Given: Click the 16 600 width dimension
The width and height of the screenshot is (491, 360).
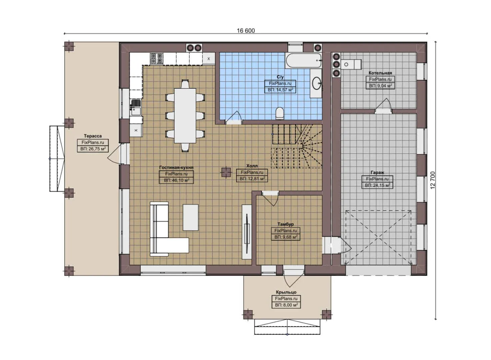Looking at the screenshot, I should coord(246,31).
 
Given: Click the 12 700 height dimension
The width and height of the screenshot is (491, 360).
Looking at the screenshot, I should coord(433,180).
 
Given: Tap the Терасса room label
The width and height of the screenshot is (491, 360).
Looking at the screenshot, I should coord(93,136).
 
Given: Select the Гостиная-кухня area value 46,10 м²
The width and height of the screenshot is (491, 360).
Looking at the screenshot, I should coord(176,180).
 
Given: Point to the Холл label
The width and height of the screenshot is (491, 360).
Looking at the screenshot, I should coord(252,166).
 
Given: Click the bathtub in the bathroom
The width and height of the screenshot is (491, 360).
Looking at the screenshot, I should coord(303,60).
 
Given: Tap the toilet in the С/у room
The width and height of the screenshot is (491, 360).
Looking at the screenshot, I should coord(280,113).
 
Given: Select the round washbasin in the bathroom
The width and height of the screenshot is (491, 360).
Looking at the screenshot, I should coord(316,84).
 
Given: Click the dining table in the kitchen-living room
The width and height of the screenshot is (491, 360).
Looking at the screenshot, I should coord(185,115).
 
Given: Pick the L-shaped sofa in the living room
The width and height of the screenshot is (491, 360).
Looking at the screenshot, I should coord(163,233).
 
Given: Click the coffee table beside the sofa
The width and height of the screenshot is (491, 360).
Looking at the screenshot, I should coord(190,217).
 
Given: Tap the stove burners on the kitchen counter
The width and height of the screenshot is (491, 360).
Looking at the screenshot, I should coord(156,59).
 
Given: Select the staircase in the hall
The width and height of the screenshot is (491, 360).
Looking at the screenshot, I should coord(297,146).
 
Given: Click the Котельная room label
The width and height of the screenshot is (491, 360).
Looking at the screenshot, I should coord(380,73).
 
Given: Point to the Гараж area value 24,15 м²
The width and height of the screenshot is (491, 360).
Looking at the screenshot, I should coord(377,185).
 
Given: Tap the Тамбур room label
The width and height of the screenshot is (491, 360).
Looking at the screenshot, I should coord(286,224).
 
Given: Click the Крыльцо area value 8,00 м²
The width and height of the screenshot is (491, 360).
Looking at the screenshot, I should coord(286,305).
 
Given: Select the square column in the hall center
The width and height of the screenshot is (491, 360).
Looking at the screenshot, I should coord(226,172).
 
